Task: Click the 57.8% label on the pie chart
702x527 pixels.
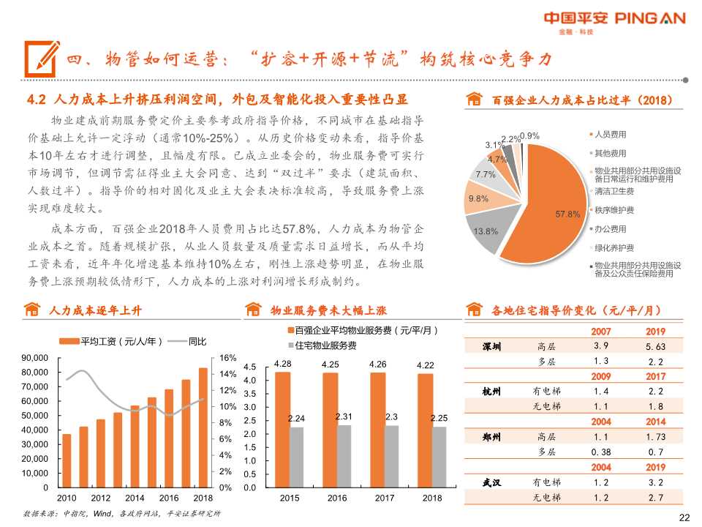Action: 567,214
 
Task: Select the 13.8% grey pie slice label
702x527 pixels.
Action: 486,231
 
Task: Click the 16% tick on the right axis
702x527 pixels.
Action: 227,358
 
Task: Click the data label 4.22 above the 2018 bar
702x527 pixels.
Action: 426,365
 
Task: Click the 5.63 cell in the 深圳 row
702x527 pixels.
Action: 655,347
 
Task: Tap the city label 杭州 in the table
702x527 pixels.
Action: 491,391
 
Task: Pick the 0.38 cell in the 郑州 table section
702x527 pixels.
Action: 601,452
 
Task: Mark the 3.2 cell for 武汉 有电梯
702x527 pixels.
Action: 655,482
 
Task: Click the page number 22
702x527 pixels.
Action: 684,517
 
